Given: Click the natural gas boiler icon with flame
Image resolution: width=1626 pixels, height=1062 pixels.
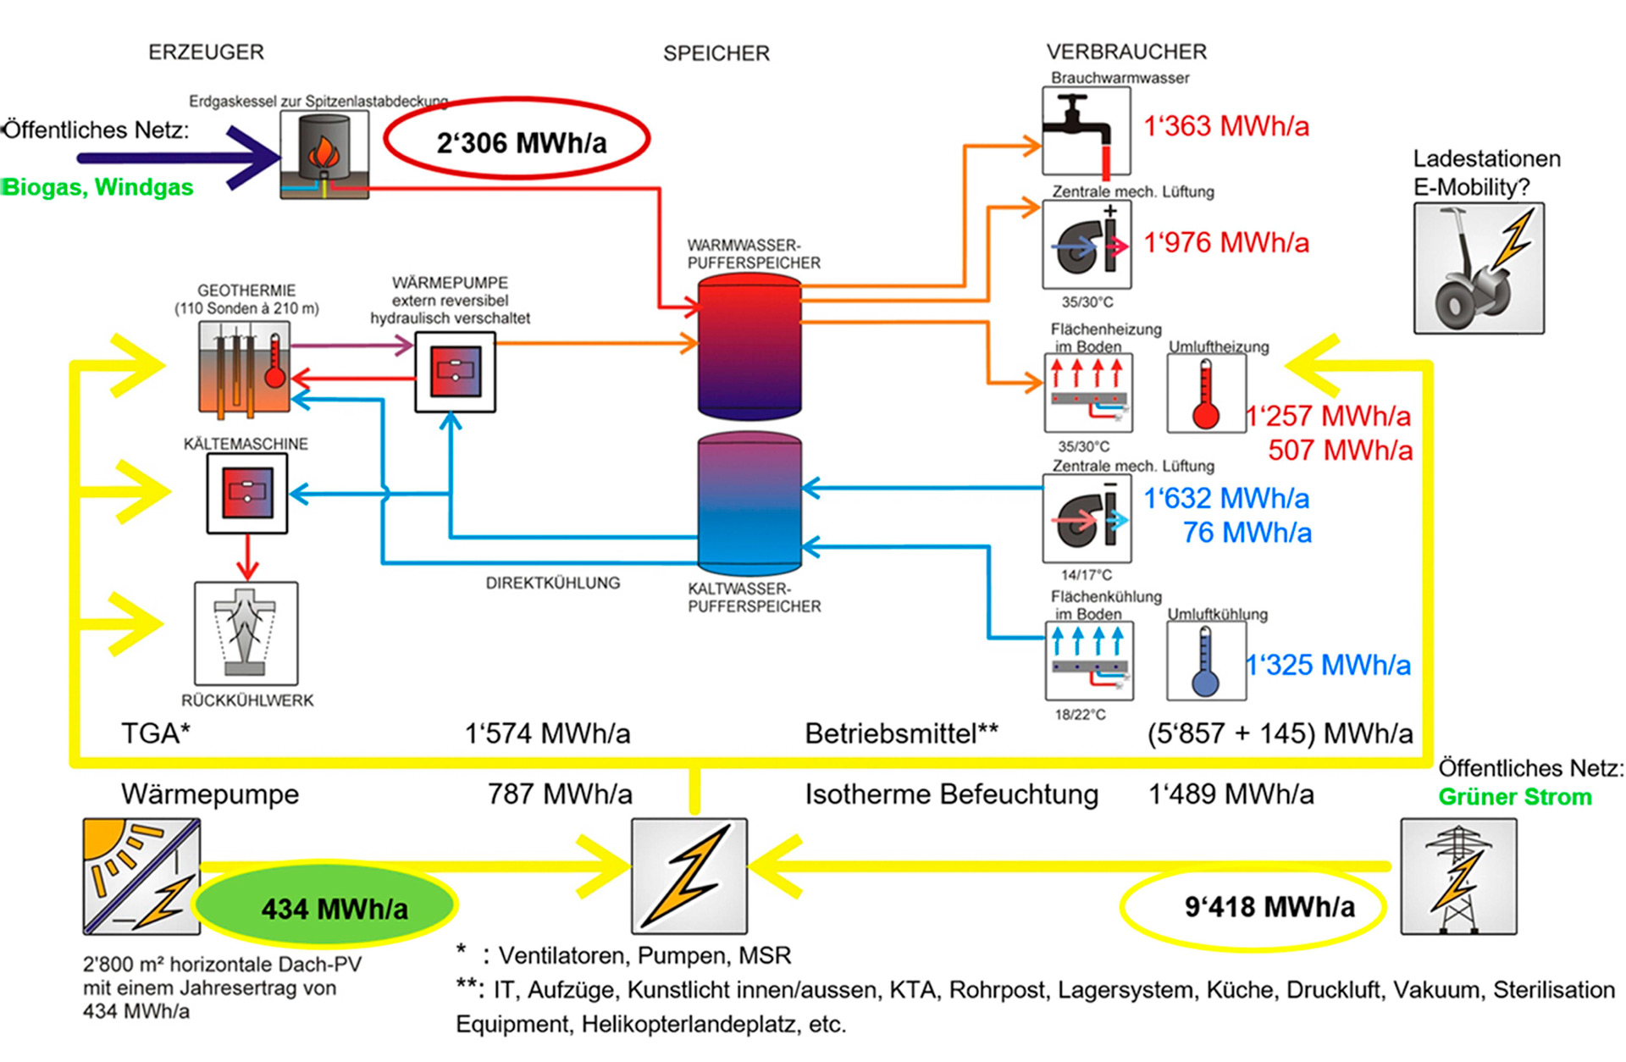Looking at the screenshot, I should click(x=324, y=154).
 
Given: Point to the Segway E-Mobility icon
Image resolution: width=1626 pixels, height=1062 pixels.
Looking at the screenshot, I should click(x=1478, y=268).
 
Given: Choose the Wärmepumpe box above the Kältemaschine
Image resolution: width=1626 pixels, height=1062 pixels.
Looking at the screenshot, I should click(x=455, y=372).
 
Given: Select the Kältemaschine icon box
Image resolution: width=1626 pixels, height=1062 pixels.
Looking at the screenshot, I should click(x=247, y=493).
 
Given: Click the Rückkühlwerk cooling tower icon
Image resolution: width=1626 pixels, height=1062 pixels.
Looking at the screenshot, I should click(x=246, y=633).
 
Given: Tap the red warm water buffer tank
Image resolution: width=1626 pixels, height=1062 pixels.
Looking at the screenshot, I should click(x=749, y=346).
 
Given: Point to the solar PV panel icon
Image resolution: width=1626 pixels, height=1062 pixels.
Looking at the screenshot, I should click(x=141, y=876).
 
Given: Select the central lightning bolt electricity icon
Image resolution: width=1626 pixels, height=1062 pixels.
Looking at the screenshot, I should click(x=689, y=876).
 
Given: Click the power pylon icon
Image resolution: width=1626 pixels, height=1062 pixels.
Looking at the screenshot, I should click(x=1458, y=876).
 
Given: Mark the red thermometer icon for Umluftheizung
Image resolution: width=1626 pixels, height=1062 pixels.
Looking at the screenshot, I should click(x=1206, y=393).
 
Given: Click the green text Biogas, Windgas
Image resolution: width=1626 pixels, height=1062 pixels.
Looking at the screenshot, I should click(x=98, y=187).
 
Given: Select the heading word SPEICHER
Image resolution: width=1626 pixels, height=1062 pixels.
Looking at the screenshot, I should click(x=716, y=53).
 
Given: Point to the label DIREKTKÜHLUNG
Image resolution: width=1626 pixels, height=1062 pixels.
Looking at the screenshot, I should click(x=552, y=583).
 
